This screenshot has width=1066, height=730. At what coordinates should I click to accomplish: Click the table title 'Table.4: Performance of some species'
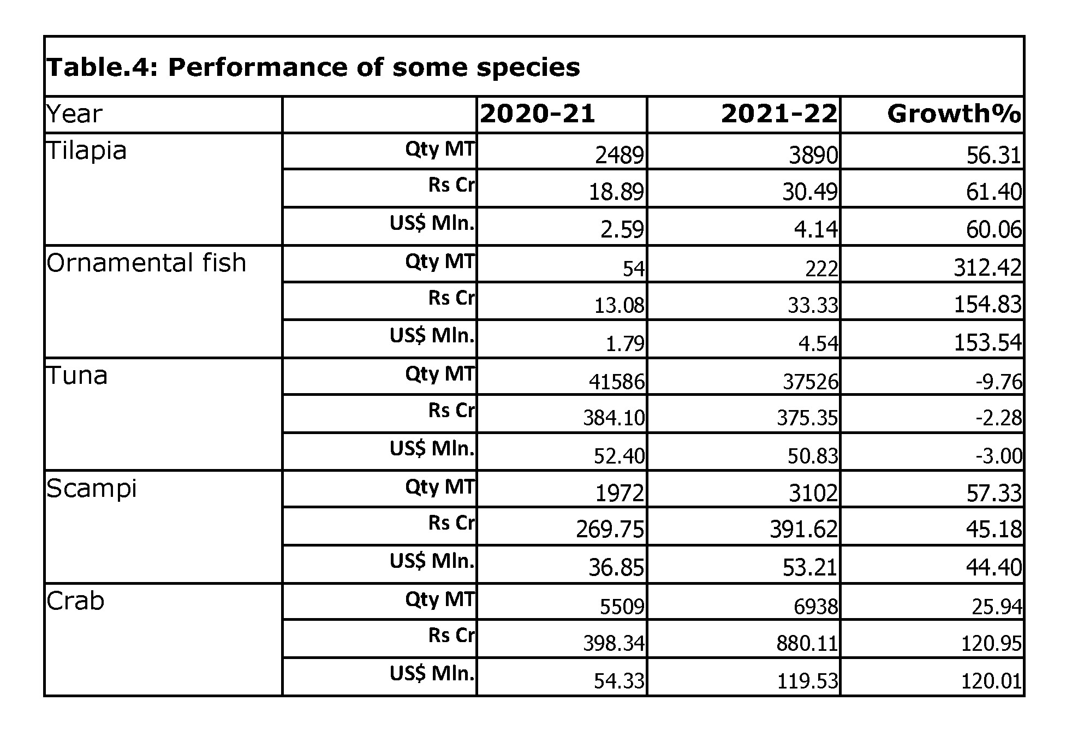tap(313, 68)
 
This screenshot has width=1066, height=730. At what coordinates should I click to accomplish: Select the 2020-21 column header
tap(537, 114)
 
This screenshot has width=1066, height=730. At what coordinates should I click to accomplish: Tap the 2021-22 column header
tap(779, 114)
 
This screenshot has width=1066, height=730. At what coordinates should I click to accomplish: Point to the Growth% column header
tap(954, 114)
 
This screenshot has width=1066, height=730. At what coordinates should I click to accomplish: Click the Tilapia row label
tap(87, 150)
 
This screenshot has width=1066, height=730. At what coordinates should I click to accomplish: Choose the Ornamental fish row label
tap(146, 263)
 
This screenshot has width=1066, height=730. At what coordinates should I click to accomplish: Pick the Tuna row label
tap(77, 376)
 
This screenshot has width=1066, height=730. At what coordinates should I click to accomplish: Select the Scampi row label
tap(91, 488)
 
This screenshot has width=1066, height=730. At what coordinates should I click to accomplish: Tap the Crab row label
tap(75, 601)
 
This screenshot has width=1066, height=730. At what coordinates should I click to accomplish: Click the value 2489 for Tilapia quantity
tap(619, 156)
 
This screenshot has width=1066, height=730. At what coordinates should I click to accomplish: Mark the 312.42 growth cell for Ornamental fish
tap(987, 268)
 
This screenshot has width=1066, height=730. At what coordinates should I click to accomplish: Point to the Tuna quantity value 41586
tap(616, 381)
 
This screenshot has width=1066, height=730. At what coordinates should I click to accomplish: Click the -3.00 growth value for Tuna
tap(998, 456)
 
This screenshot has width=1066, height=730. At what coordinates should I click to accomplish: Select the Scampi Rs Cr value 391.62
tap(803, 529)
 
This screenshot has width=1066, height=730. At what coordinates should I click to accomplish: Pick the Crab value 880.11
tap(807, 644)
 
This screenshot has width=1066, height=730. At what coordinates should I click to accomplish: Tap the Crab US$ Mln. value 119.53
tap(807, 681)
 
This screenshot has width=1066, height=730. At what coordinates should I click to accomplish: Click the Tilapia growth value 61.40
tap(993, 192)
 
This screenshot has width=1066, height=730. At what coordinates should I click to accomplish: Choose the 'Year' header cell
tap(74, 114)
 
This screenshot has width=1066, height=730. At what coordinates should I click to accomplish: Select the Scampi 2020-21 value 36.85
tap(616, 568)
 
